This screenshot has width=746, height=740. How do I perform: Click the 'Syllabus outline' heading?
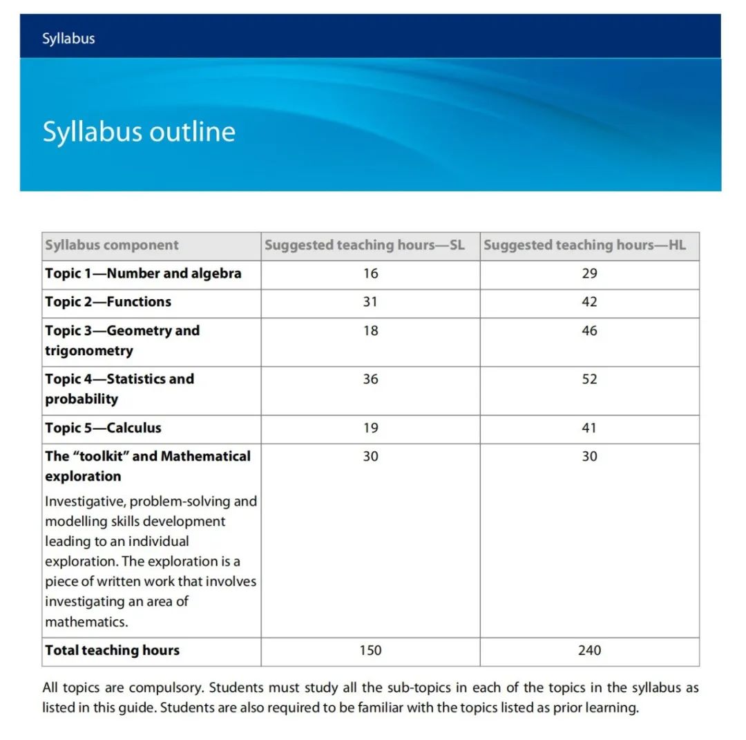(x=139, y=131)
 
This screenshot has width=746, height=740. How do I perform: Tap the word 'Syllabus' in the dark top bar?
(x=68, y=38)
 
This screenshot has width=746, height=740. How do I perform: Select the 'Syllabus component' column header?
(x=112, y=245)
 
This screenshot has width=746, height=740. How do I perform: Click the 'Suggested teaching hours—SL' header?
(x=365, y=245)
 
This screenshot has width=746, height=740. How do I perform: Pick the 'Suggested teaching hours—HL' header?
(x=585, y=245)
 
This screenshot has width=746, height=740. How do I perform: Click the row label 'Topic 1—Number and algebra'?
(x=143, y=274)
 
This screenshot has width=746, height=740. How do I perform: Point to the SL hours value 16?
(x=370, y=274)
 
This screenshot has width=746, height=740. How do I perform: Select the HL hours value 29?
(x=589, y=274)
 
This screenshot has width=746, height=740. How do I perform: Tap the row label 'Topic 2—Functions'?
(x=108, y=302)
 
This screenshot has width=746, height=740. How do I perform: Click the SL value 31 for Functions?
(x=370, y=302)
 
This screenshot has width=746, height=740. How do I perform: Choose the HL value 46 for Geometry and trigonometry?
(x=589, y=331)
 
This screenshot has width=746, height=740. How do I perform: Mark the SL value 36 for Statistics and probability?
(x=370, y=379)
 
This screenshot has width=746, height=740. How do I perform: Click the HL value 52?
(x=589, y=379)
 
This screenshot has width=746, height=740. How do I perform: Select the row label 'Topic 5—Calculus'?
(x=104, y=428)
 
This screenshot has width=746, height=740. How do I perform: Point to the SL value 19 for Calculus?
(x=370, y=428)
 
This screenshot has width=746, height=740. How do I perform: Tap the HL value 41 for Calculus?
(x=589, y=428)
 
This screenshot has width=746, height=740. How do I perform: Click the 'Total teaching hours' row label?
(x=112, y=651)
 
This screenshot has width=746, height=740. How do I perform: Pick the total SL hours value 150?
(x=370, y=651)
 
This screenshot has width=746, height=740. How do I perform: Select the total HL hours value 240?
(x=589, y=651)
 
